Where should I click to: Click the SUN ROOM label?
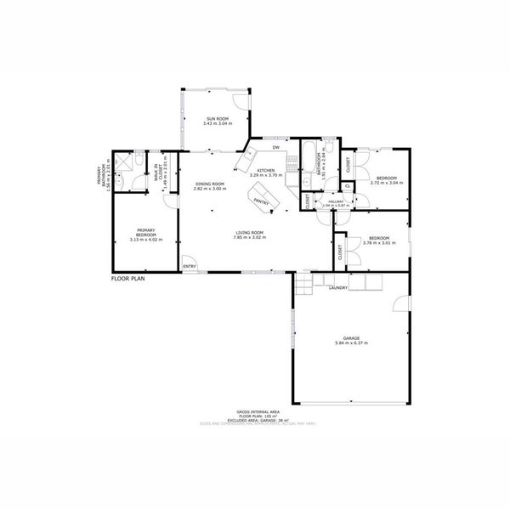point(218,118)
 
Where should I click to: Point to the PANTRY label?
point(261,202)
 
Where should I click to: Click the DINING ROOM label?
point(210,184)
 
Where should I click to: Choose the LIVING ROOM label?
point(249,232)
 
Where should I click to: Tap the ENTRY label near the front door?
point(190,267)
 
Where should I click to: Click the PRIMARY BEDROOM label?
point(145,232)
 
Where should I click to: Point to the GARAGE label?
point(351,338)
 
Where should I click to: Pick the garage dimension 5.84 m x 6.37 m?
point(351,343)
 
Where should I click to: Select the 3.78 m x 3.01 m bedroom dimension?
point(378,242)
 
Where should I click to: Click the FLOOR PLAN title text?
point(129,278)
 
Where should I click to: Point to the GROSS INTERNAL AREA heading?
point(256,409)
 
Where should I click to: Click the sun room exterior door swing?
point(244,99)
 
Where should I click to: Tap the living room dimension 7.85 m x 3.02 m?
point(249,237)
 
